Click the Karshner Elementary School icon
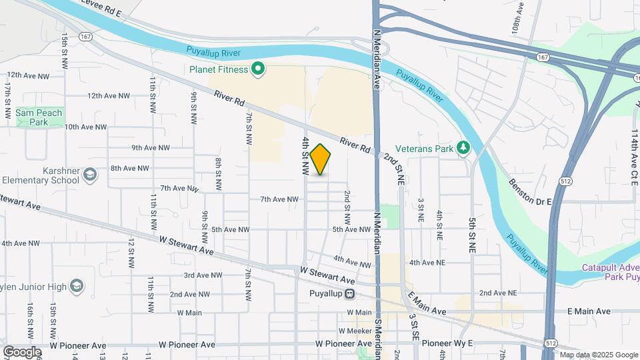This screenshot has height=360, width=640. (91, 175)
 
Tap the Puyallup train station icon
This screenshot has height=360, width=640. (349, 294)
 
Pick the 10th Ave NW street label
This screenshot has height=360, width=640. (85, 127)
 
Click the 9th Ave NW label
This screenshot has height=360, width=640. (150, 147)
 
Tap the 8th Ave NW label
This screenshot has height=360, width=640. (130, 168)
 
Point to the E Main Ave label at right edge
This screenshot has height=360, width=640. (589, 311)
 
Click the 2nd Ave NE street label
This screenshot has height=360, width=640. (497, 293)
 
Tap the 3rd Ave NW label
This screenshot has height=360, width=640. (203, 275)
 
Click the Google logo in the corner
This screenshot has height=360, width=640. (21, 351)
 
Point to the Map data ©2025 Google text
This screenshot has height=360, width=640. (599, 355)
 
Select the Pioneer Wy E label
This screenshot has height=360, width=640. (447, 343)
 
